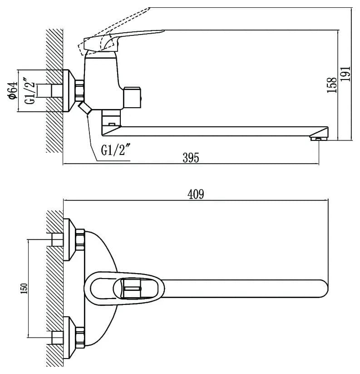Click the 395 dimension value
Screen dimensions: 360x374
click(x=191, y=158)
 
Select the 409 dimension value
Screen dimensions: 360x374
click(x=196, y=194)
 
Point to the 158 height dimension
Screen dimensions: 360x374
click(x=332, y=85)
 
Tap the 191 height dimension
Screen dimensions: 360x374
click(x=345, y=74)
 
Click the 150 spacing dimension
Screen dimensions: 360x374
click(x=24, y=289)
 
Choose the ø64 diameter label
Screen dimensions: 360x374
click(x=13, y=90)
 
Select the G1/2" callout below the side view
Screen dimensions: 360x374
click(x=116, y=150)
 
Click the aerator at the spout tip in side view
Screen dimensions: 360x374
click(x=318, y=138)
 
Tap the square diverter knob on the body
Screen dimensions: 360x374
click(x=132, y=98)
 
